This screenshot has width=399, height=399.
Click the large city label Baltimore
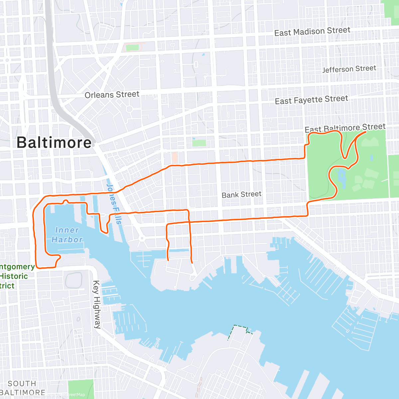54,143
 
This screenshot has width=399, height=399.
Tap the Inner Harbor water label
67,235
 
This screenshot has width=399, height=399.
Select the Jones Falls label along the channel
114,203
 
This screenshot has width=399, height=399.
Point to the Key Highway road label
96,304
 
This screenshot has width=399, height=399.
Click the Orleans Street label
112,95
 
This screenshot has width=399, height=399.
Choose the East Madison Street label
312,32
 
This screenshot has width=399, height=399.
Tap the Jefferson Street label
349,69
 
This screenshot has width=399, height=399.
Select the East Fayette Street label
311,100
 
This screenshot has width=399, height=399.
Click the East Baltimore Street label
345,128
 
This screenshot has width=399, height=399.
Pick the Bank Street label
241,195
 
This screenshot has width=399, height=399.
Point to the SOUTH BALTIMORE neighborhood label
22,388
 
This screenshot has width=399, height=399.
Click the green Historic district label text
14,276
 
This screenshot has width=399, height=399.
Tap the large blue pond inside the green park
341,176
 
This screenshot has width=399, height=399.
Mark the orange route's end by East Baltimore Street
366,132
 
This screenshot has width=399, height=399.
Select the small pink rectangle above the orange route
175,157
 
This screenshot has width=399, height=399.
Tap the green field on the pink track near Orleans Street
132,48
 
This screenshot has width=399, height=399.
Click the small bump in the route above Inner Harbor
66,201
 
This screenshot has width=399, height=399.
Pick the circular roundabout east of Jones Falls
142,238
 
